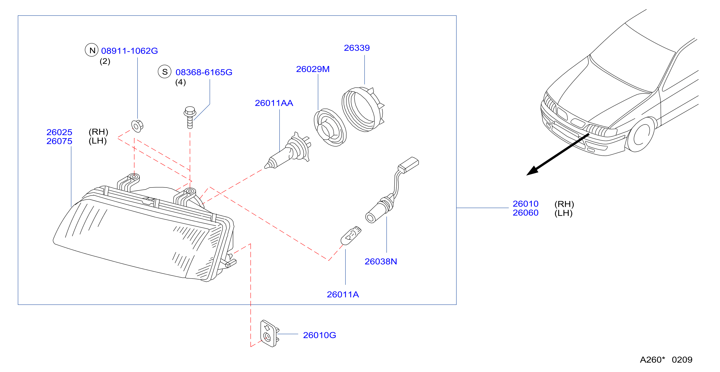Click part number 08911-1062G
click(129, 51)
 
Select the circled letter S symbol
click(165, 72)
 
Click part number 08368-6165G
click(204, 72)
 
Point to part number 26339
click(357, 48)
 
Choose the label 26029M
click(313, 69)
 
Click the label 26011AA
click(274, 103)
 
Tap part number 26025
click(59, 132)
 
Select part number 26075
click(59, 141)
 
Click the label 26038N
click(381, 262)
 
